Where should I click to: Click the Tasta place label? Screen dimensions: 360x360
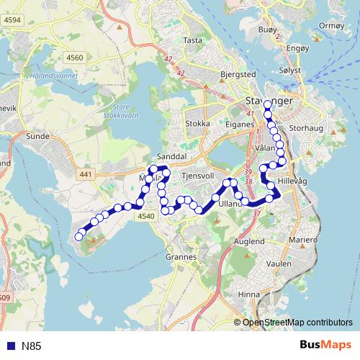click(x=193, y=40)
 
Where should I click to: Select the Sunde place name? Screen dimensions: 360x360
click(x=37, y=135)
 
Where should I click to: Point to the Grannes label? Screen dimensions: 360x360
click(x=181, y=256)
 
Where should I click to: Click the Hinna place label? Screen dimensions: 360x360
click(x=250, y=294)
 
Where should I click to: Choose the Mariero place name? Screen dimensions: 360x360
click(x=304, y=239)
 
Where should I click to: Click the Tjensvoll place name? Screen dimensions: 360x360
click(x=200, y=175)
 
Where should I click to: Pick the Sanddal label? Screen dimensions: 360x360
click(x=172, y=156)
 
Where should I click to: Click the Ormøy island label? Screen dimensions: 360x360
click(x=332, y=24)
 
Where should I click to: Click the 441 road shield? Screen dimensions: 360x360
click(x=86, y=174)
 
